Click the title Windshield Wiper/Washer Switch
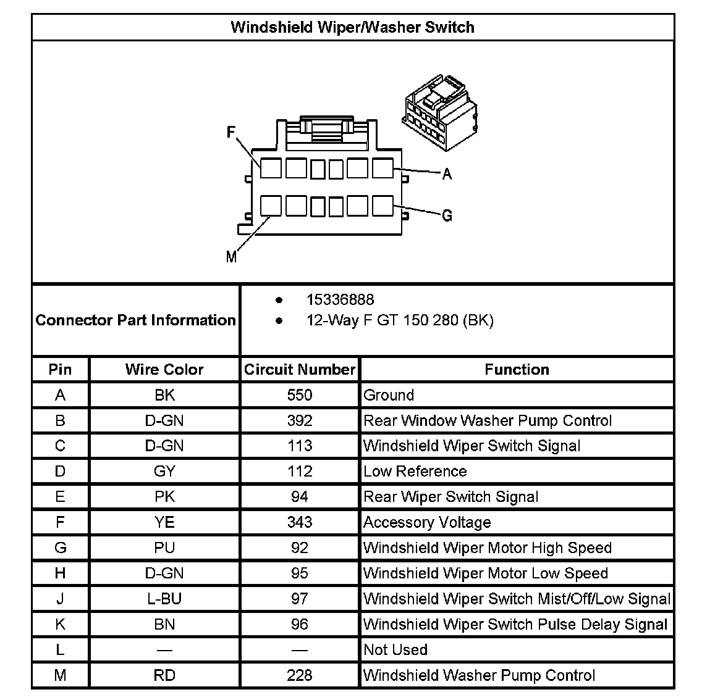[352, 27]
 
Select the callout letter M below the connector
[231, 257]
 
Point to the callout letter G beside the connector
[447, 215]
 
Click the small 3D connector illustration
[439, 107]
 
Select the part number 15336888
[340, 300]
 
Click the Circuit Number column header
[300, 369]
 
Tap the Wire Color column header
[164, 369]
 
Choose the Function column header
[517, 369]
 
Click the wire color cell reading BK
[164, 395]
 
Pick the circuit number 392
[300, 420]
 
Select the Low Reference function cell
[415, 471]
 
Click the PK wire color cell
[164, 497]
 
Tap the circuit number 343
[300, 522]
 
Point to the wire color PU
[164, 548]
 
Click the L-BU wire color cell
[164, 599]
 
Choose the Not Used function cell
[395, 649]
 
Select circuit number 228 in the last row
[300, 675]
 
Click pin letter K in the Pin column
[60, 624]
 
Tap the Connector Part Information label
[135, 320]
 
